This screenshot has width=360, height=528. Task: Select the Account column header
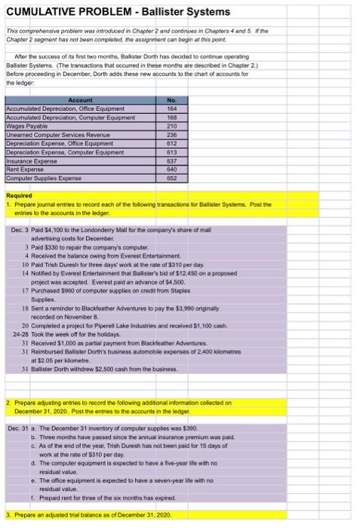coord(80,100)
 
